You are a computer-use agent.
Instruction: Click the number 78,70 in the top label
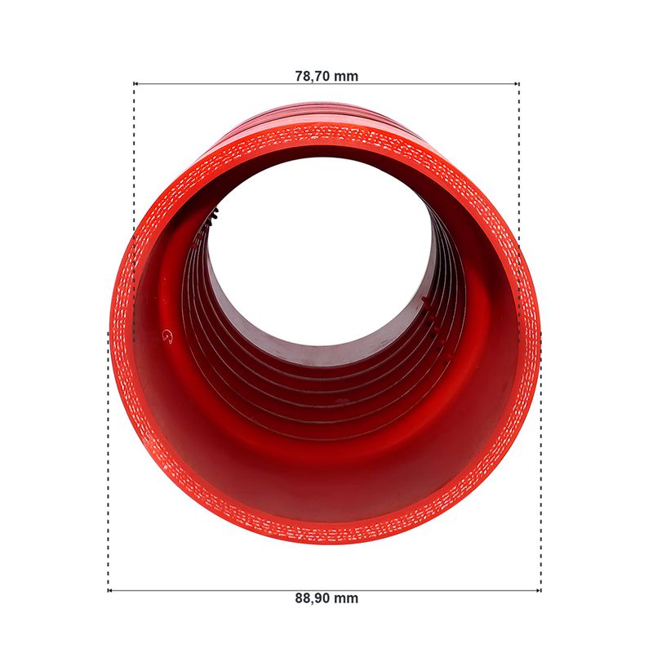(313, 77)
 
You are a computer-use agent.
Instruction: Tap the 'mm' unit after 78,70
(346, 77)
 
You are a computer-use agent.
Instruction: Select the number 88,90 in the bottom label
(313, 598)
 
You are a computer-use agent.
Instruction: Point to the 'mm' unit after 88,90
(346, 599)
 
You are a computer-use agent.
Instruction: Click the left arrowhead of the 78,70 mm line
(135, 84)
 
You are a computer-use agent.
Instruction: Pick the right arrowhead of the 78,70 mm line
(518, 84)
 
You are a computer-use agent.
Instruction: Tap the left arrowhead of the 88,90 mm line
(109, 590)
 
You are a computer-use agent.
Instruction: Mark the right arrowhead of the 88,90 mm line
(539, 590)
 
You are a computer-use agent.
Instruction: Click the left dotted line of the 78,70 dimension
(134, 212)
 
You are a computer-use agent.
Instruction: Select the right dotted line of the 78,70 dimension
(519, 212)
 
